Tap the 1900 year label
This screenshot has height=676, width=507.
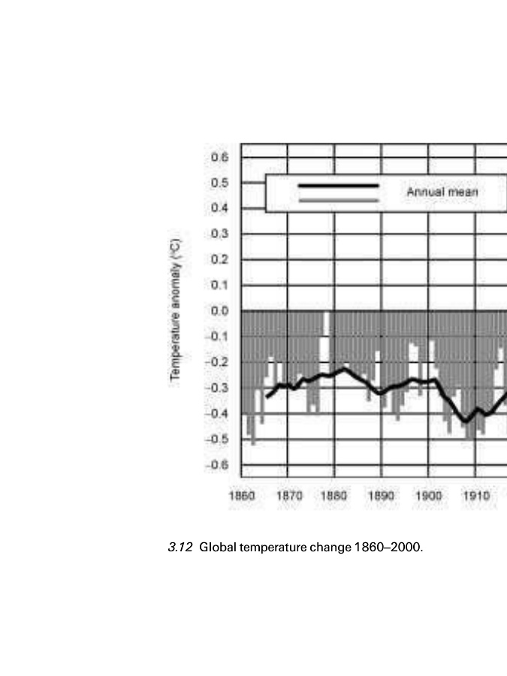click(x=429, y=496)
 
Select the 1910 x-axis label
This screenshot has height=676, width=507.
click(x=475, y=496)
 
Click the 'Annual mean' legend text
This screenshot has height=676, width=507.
click(x=442, y=192)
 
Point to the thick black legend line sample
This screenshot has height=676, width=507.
click(x=338, y=185)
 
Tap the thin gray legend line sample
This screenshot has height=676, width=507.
click(x=338, y=201)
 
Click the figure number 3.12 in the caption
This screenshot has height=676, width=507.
click(x=180, y=547)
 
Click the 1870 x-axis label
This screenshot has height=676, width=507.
click(x=288, y=496)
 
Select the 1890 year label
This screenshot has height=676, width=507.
click(x=382, y=496)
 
